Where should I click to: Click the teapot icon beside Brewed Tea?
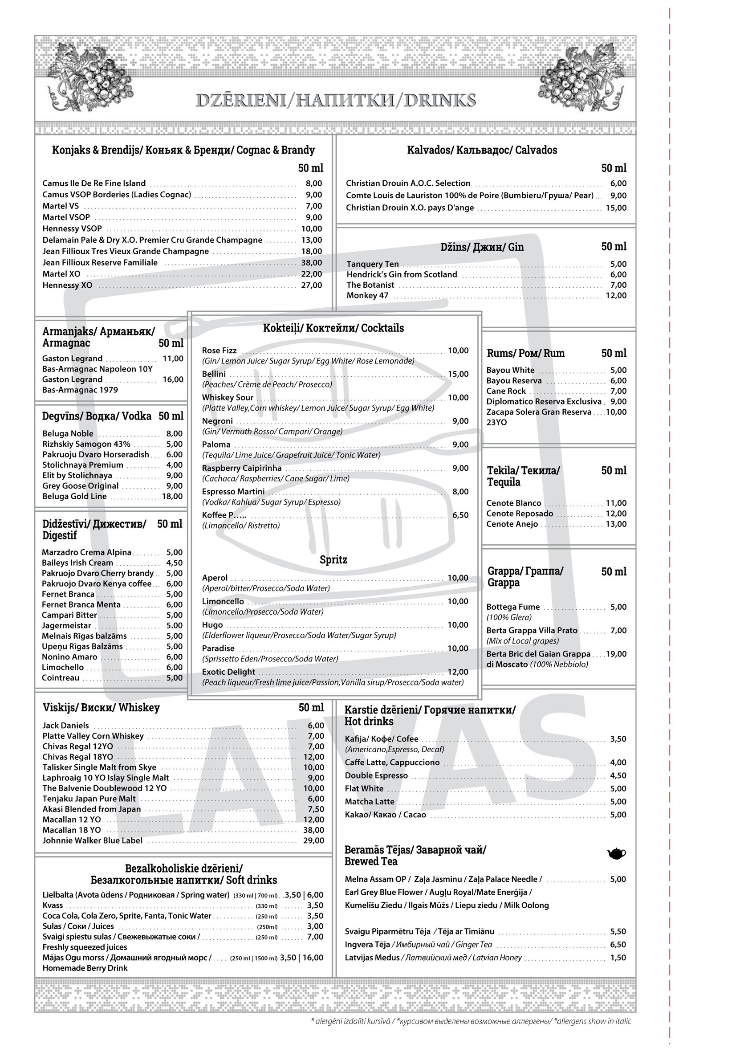tap(616, 854)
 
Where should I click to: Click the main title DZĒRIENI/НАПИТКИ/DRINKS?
tap(335, 100)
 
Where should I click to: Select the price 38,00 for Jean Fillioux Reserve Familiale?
tap(311, 263)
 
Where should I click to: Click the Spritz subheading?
tap(333, 559)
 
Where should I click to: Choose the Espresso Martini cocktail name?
tap(233, 491)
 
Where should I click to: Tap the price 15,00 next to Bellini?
tap(458, 374)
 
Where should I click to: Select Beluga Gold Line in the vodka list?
tap(74, 496)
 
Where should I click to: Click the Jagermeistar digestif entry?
tap(66, 625)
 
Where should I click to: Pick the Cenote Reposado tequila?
tap(520, 514)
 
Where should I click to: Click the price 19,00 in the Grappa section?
tap(616, 653)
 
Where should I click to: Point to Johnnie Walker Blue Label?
tap(92, 840)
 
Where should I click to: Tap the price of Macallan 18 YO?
tap(313, 830)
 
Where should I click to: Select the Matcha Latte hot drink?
tap(370, 801)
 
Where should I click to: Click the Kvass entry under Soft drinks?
tap(53, 905)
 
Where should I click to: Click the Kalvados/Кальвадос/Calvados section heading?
tap(482, 150)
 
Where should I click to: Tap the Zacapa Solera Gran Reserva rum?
tap(538, 412)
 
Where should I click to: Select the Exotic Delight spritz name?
tap(228, 672)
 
